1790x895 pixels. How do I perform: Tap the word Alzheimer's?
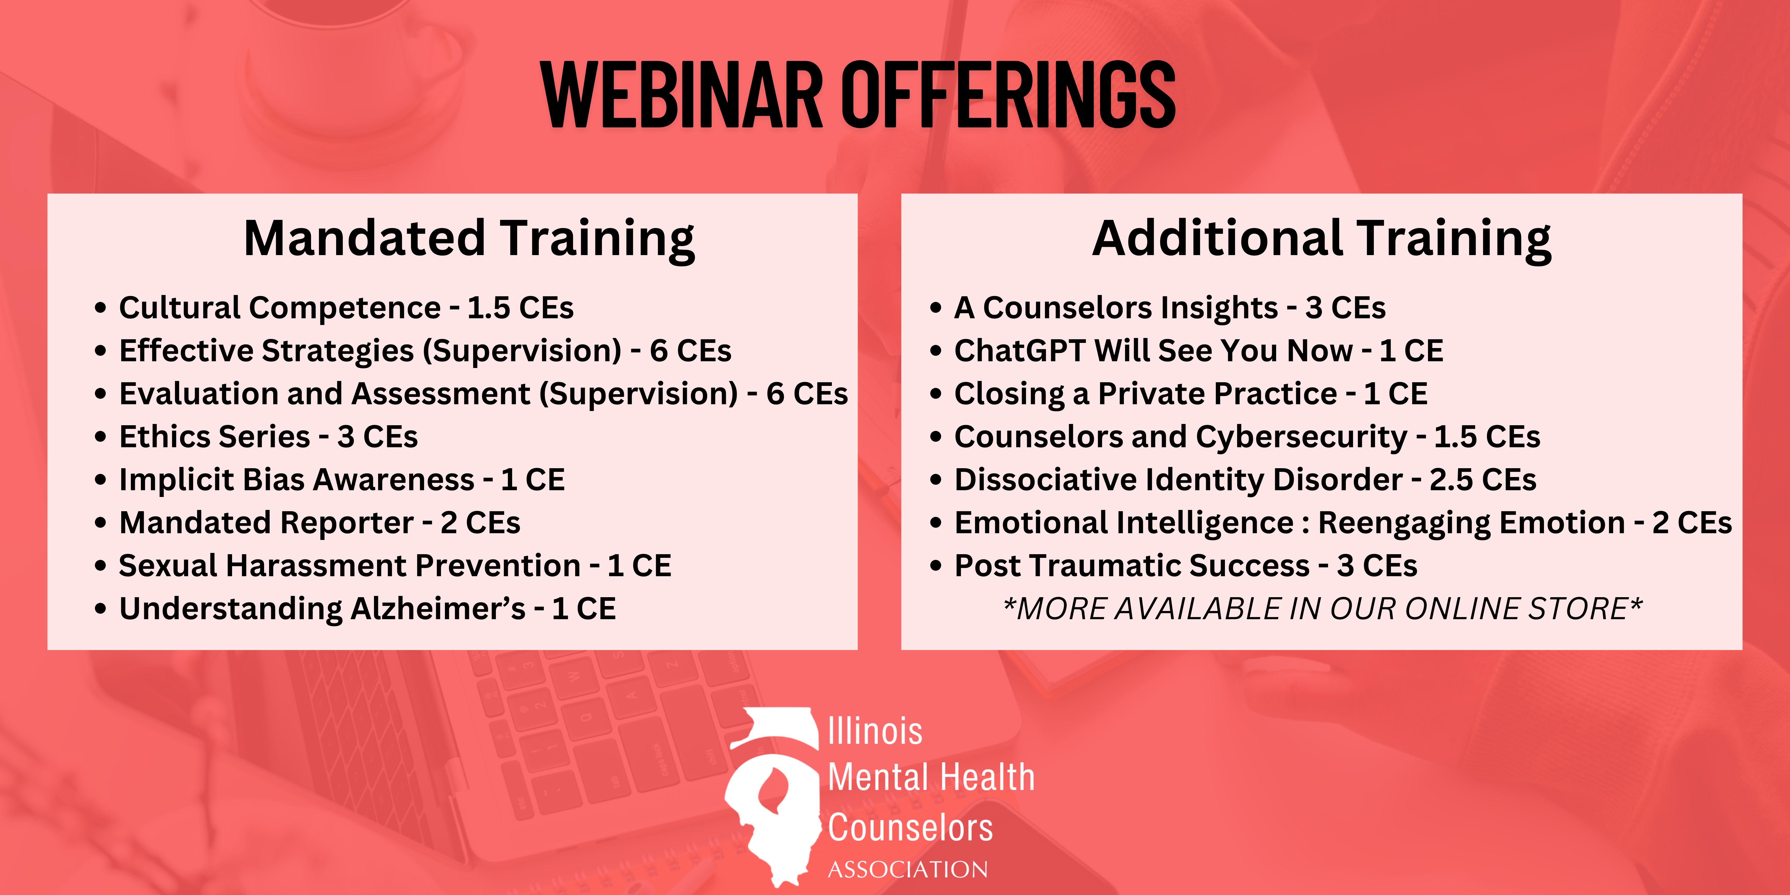[x=438, y=609]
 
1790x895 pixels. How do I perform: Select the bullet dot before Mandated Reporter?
[x=101, y=523]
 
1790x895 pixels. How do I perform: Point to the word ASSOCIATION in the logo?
[x=907, y=869]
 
